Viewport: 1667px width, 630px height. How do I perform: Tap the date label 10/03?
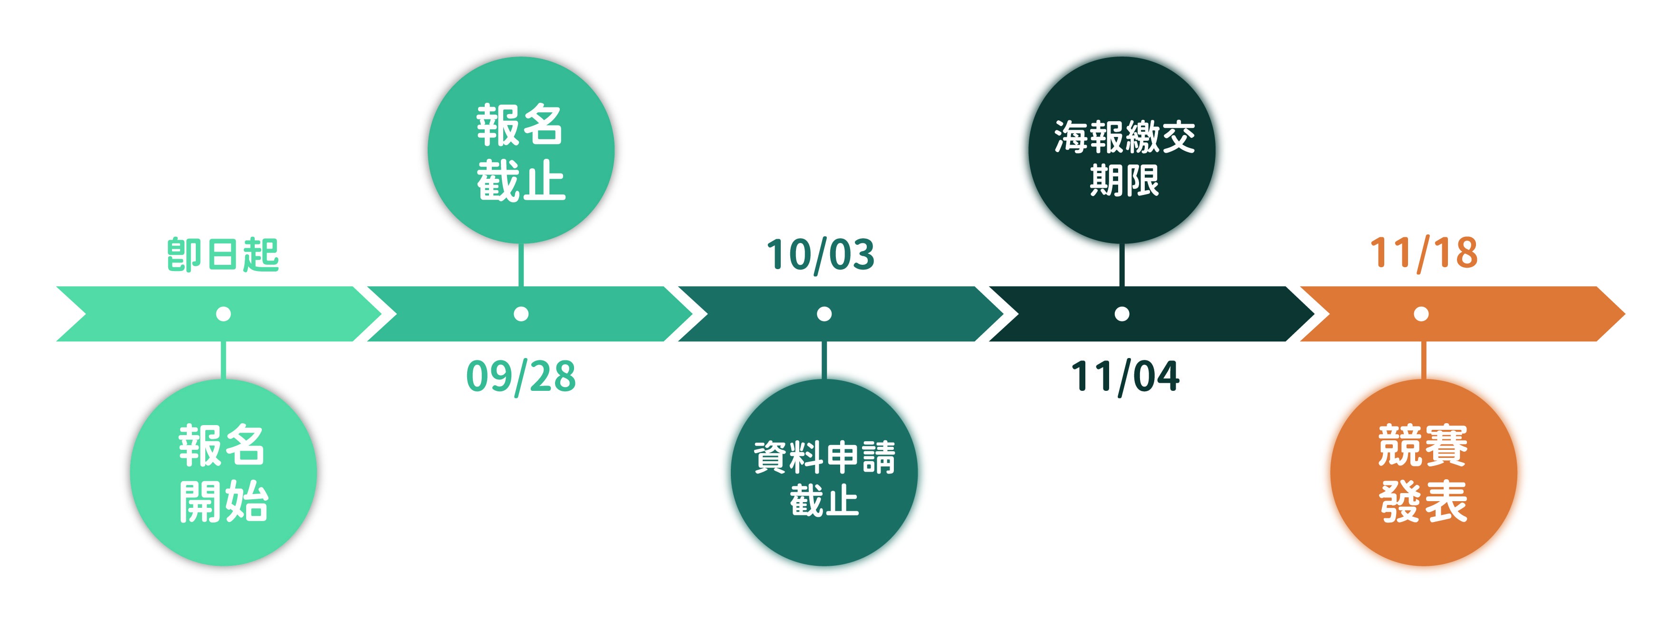(x=821, y=254)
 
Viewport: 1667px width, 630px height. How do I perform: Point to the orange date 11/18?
(x=1424, y=252)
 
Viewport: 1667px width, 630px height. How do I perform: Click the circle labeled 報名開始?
(x=223, y=473)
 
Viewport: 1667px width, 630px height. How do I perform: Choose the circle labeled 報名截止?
(x=521, y=150)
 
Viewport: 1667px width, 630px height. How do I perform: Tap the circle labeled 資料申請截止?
(x=824, y=473)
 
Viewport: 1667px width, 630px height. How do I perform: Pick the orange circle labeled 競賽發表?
(x=1424, y=473)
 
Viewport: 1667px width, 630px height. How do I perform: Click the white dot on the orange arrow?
(x=1421, y=314)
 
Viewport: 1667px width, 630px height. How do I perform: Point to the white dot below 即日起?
(x=223, y=314)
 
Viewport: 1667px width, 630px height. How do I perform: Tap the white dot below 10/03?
(x=824, y=314)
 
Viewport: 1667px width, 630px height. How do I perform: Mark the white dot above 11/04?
(x=1122, y=314)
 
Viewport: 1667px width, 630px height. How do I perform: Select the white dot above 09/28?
(x=521, y=314)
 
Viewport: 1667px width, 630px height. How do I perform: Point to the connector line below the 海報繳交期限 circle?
(x=1122, y=265)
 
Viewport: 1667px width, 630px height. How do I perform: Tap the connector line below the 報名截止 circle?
(x=521, y=265)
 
